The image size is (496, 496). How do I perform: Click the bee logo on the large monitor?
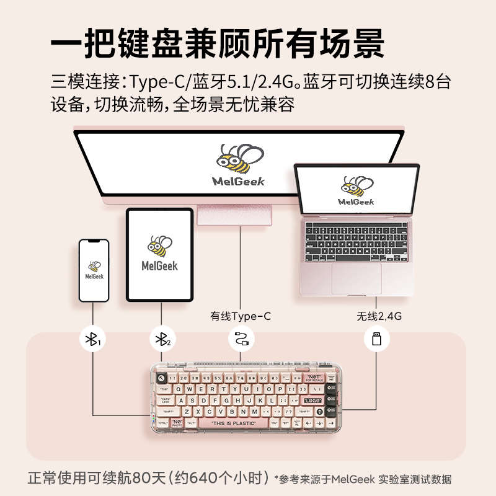[x=239, y=160]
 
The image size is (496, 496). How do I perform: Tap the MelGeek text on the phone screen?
[x=94, y=276]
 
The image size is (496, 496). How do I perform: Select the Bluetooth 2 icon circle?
[x=162, y=339]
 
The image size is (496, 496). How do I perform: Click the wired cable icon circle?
[x=241, y=339]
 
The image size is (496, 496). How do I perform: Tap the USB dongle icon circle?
[x=376, y=339]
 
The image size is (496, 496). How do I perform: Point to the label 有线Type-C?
[x=241, y=316]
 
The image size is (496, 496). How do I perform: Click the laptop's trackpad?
[x=356, y=278]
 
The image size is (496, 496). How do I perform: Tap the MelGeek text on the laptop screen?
[x=356, y=201]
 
